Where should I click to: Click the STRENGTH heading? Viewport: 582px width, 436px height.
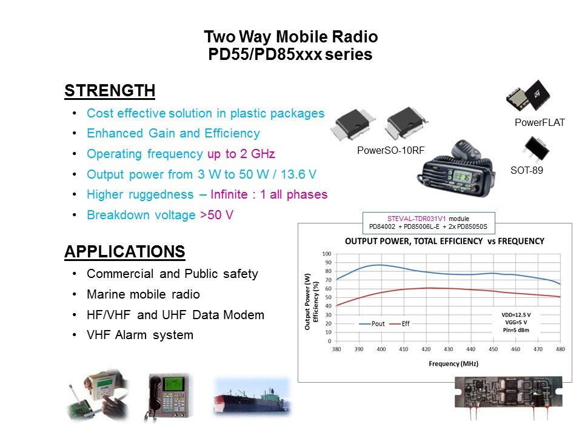[110, 90]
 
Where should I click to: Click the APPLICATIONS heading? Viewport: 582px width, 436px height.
[125, 251]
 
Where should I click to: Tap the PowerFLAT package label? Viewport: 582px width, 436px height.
[540, 122]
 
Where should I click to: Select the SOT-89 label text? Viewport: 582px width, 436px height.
[527, 170]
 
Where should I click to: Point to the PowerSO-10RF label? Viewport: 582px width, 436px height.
[390, 150]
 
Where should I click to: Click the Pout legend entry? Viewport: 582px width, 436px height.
[372, 323]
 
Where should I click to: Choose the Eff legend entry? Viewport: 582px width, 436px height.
[400, 323]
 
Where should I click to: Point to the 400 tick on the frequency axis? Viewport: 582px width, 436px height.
[381, 349]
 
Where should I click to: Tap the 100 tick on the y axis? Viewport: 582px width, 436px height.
[327, 254]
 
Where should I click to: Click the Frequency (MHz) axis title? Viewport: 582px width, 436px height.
[453, 364]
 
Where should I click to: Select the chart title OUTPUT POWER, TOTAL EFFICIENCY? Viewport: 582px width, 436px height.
[414, 242]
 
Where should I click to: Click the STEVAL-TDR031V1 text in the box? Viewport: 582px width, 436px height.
[416, 219]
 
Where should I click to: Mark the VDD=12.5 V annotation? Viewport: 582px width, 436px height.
[516, 315]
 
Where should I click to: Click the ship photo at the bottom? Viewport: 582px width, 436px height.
[253, 397]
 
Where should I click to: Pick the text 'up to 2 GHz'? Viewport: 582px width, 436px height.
[241, 154]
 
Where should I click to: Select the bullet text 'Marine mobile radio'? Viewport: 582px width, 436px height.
[143, 294]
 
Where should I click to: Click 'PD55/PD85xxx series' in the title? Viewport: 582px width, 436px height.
[290, 54]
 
